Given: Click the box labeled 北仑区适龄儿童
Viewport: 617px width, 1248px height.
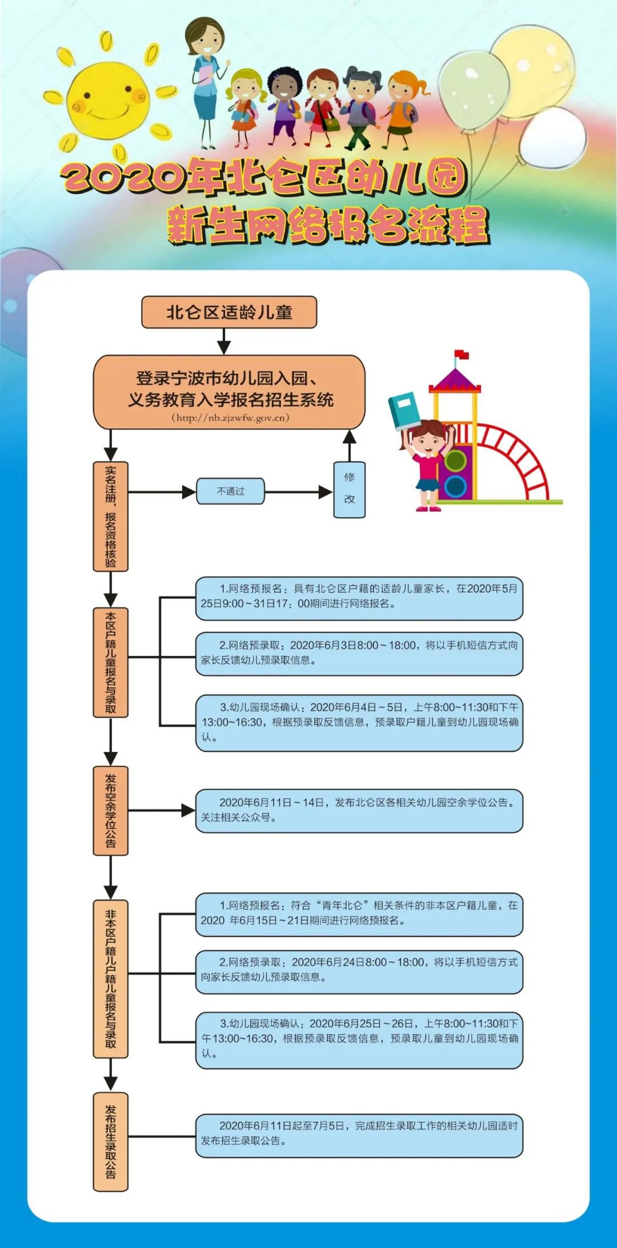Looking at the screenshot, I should click(229, 312).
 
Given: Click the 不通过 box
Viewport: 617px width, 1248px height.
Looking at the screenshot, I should click(230, 491).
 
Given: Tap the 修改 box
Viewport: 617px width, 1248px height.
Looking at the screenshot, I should click(349, 489).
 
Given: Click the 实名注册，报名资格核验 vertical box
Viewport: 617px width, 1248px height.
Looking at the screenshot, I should click(110, 516).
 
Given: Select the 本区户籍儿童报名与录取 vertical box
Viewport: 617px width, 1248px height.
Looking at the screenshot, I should click(110, 662).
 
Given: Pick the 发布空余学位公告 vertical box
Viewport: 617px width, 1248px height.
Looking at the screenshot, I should click(110, 810).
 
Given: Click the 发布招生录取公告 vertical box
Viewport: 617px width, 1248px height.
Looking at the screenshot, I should click(110, 1142).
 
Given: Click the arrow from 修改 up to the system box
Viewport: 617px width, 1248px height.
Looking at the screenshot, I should click(349, 445).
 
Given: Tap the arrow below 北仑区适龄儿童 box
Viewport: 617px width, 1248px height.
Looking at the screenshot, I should click(224, 341).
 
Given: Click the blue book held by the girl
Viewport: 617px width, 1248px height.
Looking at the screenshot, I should click(404, 410).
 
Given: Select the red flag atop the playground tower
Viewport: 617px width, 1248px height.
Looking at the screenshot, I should click(461, 355).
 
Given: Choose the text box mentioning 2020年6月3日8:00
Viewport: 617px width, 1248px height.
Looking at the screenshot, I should click(359, 653).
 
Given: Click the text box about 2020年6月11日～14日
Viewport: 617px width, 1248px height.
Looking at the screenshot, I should click(359, 810).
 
